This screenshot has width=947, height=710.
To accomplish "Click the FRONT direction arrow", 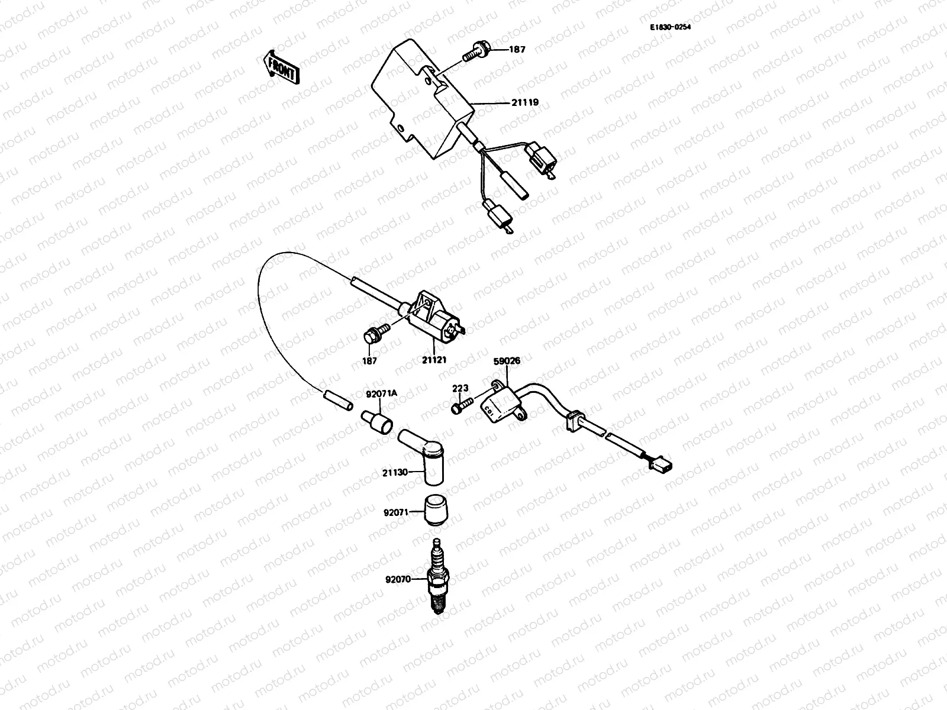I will tap(282, 66).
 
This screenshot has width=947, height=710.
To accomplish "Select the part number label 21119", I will tap(525, 102).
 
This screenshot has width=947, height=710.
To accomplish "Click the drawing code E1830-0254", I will tap(670, 27).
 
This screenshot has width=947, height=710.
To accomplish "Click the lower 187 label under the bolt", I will tap(369, 360).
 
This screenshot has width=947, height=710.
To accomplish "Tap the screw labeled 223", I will tap(462, 407).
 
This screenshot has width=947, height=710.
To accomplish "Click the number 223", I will tap(460, 388).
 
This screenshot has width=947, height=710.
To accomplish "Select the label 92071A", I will tap(376, 393).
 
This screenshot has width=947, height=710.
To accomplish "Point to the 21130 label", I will tap(395, 472).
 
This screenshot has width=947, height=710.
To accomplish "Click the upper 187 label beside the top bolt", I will tap(517, 50).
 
